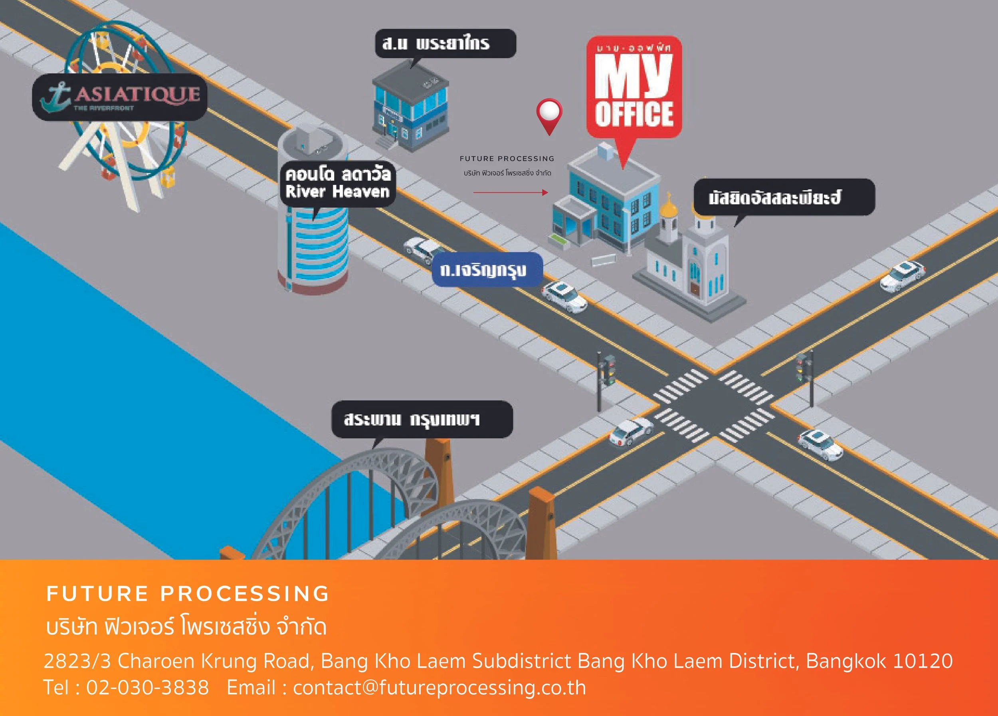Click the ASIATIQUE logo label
tap(120, 97)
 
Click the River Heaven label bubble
tap(337, 184)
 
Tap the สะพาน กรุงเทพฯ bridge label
tap(422, 419)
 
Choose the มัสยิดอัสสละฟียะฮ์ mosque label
tap(784, 197)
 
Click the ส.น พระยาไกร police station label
tap(445, 44)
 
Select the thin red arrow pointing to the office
tap(510, 193)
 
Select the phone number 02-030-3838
tap(147, 687)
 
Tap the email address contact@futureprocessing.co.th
tap(439, 687)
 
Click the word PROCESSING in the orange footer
tap(245, 594)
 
